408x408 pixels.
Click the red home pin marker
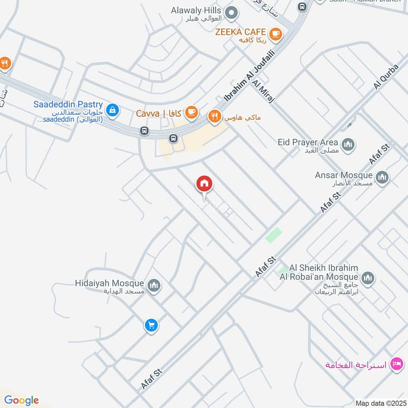tap(205, 184)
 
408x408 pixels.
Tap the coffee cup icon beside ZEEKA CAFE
tap(275, 34)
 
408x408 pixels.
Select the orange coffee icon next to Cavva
tap(191, 112)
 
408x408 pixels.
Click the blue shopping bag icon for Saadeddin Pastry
tap(113, 109)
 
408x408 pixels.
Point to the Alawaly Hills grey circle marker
tap(232, 11)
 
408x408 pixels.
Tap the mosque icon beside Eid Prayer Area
tap(349, 145)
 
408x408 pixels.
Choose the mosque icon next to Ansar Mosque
tap(382, 177)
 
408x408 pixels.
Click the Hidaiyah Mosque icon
tap(154, 286)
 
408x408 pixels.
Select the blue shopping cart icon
tap(150, 325)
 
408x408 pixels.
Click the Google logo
tap(21, 400)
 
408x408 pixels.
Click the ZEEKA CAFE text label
tap(241, 32)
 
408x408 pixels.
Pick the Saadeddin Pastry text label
tap(68, 105)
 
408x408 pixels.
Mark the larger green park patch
tap(274, 235)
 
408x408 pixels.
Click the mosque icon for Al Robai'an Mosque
tap(368, 278)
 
